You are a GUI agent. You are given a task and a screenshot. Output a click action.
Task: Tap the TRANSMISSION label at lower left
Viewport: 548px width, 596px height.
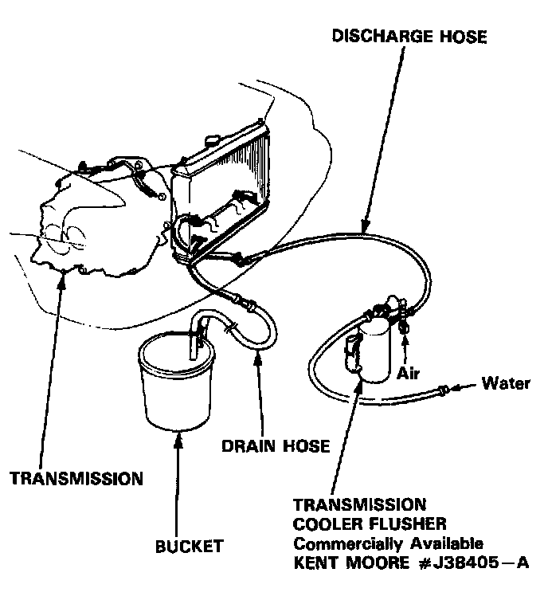click(x=76, y=479)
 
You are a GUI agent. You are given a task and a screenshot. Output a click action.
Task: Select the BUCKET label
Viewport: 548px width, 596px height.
click(x=189, y=547)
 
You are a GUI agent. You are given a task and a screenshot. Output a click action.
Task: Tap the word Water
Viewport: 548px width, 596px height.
click(x=506, y=384)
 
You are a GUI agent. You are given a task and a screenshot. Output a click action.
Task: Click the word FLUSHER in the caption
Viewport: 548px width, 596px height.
click(x=407, y=524)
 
